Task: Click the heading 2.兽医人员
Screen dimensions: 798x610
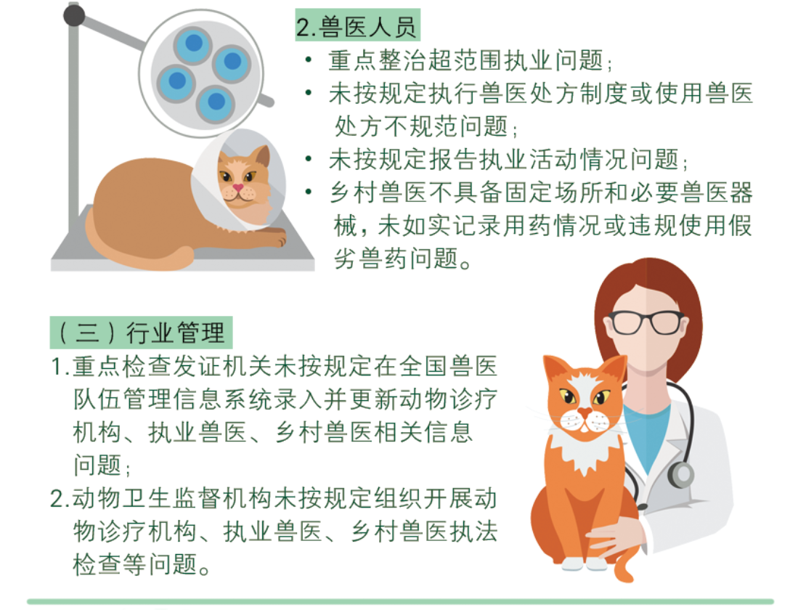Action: (x=357, y=26)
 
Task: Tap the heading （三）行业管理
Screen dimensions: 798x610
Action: (x=141, y=333)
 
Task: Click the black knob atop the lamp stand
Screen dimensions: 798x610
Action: (x=74, y=16)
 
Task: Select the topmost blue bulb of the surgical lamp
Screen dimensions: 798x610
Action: (x=193, y=44)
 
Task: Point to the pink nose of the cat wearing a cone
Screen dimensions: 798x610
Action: (x=238, y=188)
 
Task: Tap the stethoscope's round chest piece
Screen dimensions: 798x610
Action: (x=681, y=473)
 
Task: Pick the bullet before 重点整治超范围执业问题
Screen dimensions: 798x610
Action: (x=309, y=60)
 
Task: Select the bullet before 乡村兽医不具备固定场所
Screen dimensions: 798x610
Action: (x=309, y=192)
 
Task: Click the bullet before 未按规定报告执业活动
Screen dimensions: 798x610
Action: (x=309, y=159)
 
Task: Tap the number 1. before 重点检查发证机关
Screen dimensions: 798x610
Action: (x=60, y=366)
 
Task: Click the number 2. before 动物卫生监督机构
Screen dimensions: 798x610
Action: (x=60, y=498)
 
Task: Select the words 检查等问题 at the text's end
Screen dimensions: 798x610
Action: (x=135, y=564)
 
